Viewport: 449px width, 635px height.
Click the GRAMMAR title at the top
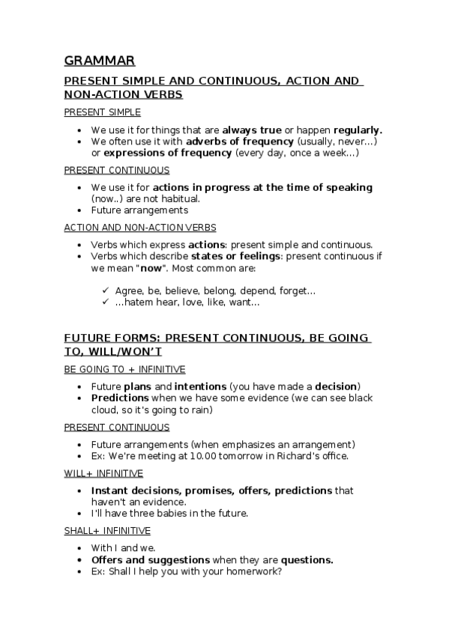pyautogui.click(x=99, y=61)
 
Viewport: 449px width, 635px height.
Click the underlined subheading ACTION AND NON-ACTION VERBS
pyautogui.click(x=140, y=227)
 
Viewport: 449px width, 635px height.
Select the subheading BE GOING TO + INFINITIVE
pyautogui.click(x=124, y=369)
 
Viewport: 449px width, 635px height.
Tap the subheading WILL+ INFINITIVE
pyautogui.click(x=103, y=473)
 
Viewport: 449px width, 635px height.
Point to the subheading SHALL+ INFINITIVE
pyautogui.click(x=107, y=531)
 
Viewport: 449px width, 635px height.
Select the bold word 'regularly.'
pyautogui.click(x=358, y=130)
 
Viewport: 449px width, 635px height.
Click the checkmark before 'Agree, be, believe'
pyautogui.click(x=105, y=291)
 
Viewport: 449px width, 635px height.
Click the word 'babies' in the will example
pyautogui.click(x=168, y=514)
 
